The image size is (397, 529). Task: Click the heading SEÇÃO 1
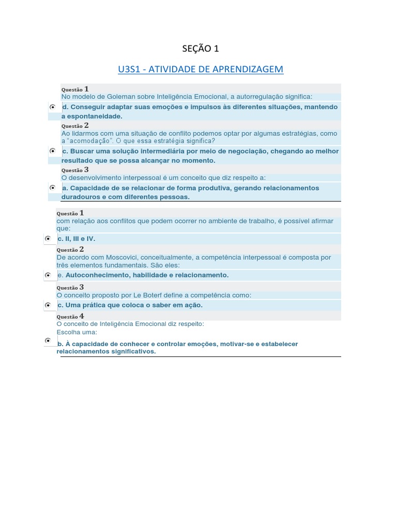[x=201, y=49]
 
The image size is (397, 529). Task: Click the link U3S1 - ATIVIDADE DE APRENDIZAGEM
[x=201, y=69]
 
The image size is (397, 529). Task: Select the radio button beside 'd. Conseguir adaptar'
[x=53, y=106]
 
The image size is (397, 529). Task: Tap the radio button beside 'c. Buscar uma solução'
[x=53, y=151]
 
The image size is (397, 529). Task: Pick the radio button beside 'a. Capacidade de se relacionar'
[x=53, y=188]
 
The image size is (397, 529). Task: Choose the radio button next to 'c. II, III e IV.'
[x=48, y=239]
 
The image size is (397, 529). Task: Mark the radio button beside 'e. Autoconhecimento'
[x=48, y=275]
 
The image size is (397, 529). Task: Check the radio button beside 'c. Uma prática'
[x=48, y=305]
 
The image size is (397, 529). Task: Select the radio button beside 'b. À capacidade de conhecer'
[x=48, y=341]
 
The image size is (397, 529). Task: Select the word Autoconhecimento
[x=98, y=275]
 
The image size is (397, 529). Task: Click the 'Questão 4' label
[x=70, y=317]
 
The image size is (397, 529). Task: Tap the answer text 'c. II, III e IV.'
[x=77, y=239]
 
